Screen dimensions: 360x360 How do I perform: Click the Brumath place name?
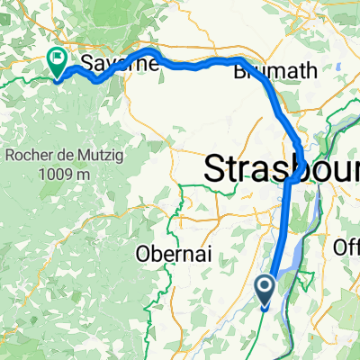point(266,74)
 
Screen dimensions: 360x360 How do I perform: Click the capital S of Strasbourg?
point(215,168)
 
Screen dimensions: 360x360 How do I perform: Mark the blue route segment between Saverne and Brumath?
point(193,65)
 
